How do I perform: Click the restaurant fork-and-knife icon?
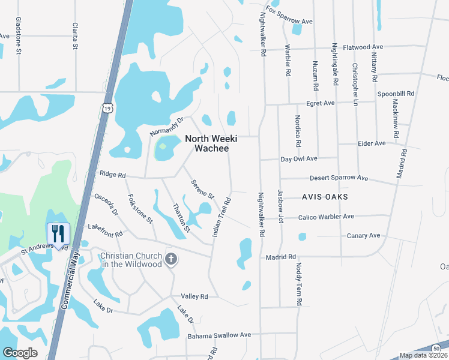(x=58, y=233)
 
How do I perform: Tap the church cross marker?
(x=171, y=259)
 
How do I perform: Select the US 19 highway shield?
(x=107, y=107)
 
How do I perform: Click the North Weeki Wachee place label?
(x=211, y=143)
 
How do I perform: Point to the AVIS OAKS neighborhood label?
(x=325, y=197)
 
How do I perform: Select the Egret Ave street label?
(x=321, y=103)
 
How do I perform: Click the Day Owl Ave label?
(x=299, y=159)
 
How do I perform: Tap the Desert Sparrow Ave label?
(x=339, y=178)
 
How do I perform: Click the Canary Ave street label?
(x=364, y=236)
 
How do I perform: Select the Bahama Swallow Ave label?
(x=219, y=335)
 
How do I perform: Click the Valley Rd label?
(x=194, y=296)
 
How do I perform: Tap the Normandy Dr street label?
(x=167, y=127)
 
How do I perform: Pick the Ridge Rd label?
(x=113, y=175)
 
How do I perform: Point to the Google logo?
(x=20, y=353)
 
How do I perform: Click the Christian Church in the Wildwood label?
(x=131, y=260)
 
